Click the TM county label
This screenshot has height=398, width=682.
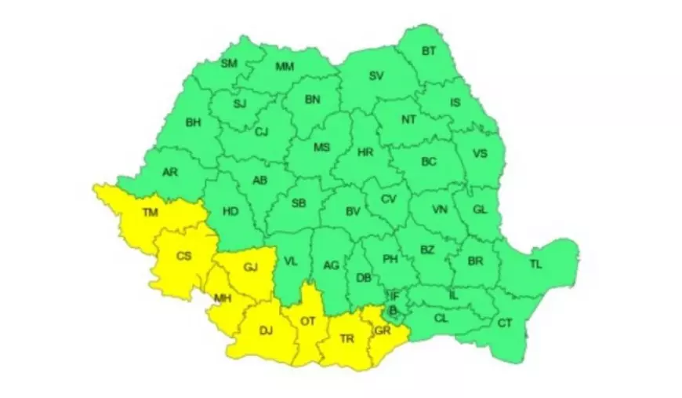(149, 212)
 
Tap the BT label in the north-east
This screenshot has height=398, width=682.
(429, 51)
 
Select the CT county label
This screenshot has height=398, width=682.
(506, 323)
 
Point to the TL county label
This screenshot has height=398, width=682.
(535, 265)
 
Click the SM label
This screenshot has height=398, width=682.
(229, 63)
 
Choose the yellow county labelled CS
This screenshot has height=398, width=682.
(183, 256)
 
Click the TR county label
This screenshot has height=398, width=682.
(348, 338)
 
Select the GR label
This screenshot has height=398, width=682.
(383, 330)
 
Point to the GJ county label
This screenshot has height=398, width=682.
(251, 267)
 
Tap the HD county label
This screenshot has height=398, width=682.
(230, 211)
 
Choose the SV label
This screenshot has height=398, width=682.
(376, 76)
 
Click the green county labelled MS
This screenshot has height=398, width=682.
(322, 147)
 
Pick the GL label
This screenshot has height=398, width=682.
(481, 210)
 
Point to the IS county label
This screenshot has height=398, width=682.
(455, 102)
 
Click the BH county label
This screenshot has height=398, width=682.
(193, 122)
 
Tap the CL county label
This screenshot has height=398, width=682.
(441, 319)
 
